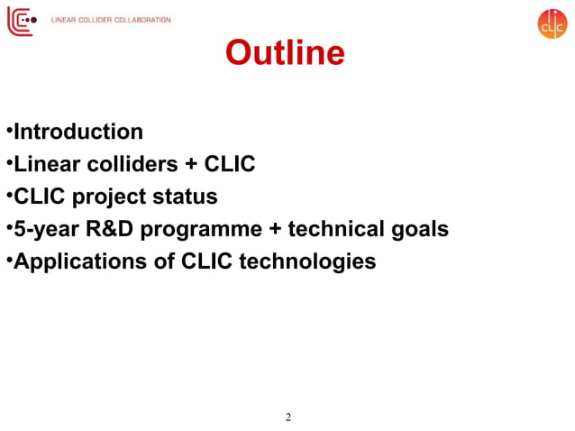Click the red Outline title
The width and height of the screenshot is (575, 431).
285,52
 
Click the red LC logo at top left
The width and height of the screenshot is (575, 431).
22,20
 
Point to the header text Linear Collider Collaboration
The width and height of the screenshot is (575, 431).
111,20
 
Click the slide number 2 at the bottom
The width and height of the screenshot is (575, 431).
287,417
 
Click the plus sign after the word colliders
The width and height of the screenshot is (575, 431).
190,165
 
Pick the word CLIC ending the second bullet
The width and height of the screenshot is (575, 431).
230,164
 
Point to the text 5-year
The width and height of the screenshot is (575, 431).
45,229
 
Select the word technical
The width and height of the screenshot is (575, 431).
337,229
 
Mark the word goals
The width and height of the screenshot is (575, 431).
420,230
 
